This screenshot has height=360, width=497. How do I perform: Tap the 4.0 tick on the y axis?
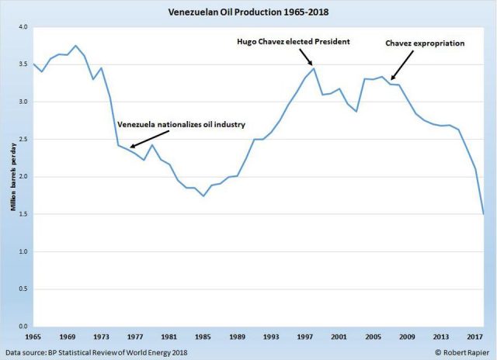point(23,27)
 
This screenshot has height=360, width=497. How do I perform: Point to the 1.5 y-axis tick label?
point(23,214)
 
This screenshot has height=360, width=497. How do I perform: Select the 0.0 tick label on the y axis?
point(23,327)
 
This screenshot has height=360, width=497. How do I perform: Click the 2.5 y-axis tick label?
point(23,140)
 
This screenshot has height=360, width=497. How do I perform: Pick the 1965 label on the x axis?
point(33,338)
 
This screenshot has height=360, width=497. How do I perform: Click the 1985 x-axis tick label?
point(203,338)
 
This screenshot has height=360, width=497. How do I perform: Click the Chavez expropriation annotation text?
point(425,43)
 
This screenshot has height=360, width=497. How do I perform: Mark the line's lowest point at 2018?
point(484,214)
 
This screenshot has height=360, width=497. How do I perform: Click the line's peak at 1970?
point(75,46)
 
